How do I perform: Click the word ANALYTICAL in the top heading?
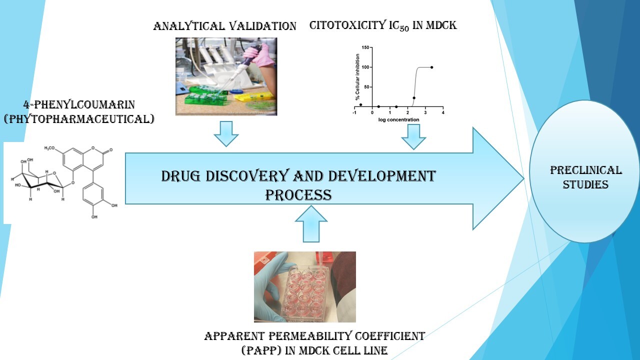coord(188,26)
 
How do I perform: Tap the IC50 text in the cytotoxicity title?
coord(399,25)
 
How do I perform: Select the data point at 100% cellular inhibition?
coord(431,67)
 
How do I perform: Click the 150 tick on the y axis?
coord(365,47)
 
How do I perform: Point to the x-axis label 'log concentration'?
coord(398,119)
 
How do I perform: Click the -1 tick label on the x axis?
coord(354,112)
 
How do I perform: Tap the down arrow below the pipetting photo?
coord(226,133)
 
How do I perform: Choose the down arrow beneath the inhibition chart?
coord(413,137)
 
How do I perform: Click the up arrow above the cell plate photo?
coord(311,223)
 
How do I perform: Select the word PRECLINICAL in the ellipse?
coord(585,170)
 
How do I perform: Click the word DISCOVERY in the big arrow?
coord(247,176)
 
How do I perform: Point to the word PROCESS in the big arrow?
coord(298,195)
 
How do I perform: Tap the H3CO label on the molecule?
coord(49,148)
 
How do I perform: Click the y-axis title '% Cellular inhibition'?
coord(357,77)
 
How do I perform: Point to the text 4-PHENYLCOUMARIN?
coord(79,104)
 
